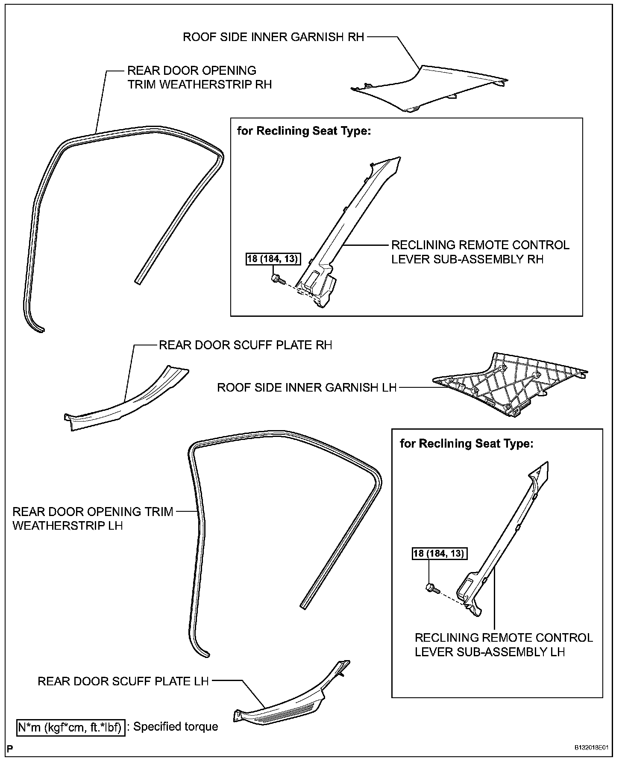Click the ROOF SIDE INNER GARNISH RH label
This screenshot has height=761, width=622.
click(273, 37)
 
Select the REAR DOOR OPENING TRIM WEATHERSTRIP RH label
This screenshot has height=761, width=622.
click(200, 77)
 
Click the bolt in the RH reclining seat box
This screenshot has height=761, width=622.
click(276, 279)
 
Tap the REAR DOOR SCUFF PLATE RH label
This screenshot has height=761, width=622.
click(245, 345)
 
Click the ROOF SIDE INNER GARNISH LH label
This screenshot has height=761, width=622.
click(307, 388)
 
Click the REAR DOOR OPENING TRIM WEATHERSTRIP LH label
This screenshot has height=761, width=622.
click(93, 518)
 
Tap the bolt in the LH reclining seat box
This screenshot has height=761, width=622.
click(432, 588)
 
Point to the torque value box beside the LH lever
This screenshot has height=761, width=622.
click(439, 554)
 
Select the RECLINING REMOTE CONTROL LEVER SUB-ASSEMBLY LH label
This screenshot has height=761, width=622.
click(504, 645)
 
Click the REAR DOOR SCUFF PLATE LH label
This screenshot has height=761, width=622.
click(123, 681)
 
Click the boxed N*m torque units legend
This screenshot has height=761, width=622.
click(71, 727)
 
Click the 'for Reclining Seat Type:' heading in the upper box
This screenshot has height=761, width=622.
click(304, 131)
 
